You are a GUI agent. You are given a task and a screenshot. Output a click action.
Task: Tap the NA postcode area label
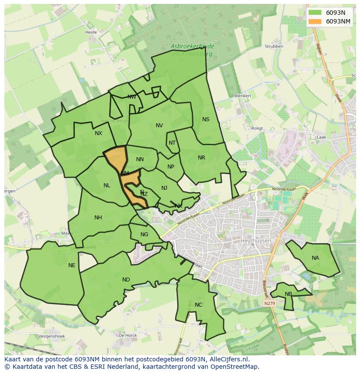coord(315,258)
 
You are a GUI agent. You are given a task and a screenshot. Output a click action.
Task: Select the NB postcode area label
coord(288,294)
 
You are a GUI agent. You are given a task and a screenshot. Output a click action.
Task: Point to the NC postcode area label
coord(198,305)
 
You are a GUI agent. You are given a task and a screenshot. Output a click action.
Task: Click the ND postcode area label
coord(126,280)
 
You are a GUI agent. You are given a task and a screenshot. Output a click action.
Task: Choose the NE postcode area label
coord(72,265)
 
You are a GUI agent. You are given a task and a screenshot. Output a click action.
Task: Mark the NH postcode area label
coord(98,218)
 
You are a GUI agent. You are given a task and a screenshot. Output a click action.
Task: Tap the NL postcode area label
coord(107,185)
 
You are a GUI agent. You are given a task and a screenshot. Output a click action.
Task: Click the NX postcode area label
coord(98,133)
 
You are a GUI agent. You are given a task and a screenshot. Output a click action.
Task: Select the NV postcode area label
coord(159,126)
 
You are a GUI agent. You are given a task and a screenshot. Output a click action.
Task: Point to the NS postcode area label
coord(206,119)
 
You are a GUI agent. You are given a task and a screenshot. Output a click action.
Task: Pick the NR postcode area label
coord(201,158)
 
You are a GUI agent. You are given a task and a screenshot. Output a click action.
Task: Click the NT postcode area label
coord(172,143)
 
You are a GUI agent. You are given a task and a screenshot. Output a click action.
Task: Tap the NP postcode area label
coord(171,167)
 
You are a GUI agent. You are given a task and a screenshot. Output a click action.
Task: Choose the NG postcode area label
coord(144,235)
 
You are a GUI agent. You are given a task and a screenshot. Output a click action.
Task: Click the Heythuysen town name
coord(256,241)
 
